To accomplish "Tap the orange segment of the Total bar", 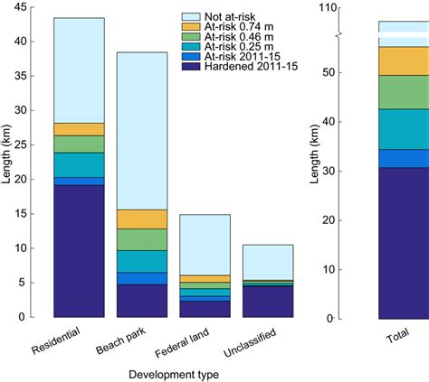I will [x=403, y=61].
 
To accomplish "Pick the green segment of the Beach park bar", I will [x=142, y=239].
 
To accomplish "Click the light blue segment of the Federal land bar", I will [x=205, y=244].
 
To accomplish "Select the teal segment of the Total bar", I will [x=403, y=129].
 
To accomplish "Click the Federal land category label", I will [x=186, y=346].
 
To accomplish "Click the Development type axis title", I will [x=172, y=372].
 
